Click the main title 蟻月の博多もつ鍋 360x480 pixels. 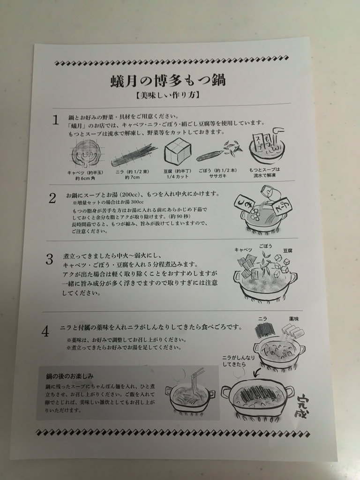168,81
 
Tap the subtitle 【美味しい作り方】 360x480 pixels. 168,96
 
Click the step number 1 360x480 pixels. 55,120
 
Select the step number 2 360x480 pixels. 52,198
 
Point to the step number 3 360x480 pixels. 49,259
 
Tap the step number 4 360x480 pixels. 45,331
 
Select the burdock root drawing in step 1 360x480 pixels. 218,151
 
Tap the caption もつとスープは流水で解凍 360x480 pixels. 264,172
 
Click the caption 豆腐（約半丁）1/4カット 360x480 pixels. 178,174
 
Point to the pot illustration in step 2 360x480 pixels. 262,211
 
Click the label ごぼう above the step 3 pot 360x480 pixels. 265,246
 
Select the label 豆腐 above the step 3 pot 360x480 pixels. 288,250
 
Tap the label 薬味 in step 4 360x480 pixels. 294,319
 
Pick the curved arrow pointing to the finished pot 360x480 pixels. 256,373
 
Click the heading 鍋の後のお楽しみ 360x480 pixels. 70,375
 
